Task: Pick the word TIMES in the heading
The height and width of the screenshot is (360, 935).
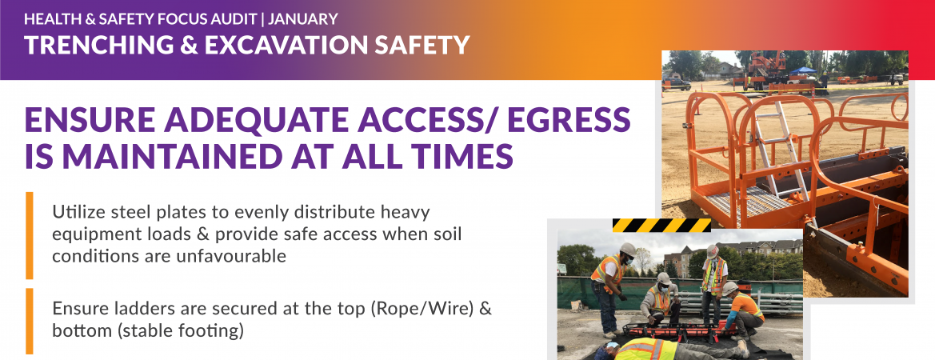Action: [x=465, y=155]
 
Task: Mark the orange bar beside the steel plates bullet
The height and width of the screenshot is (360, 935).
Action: [x=30, y=234]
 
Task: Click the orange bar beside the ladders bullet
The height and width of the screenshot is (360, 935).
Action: [x=30, y=320]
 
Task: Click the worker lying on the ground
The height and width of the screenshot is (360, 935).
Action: [x=672, y=348]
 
